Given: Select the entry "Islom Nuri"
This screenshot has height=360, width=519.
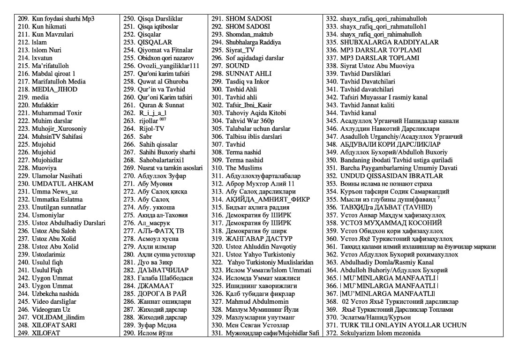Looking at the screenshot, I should (46, 50).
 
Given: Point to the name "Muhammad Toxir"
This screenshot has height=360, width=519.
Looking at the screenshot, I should (57, 113).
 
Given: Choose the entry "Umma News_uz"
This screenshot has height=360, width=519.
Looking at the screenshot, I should (55, 191).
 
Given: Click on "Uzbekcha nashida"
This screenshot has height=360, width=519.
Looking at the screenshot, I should (55, 293).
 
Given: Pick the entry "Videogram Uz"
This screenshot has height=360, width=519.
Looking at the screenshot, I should (51, 309).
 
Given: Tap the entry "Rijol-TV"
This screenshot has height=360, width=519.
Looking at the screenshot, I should (152, 128).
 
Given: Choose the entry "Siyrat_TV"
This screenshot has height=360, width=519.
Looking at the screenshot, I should (240, 50).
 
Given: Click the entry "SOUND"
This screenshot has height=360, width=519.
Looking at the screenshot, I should (238, 66).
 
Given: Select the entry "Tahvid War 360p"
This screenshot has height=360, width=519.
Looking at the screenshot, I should (249, 121).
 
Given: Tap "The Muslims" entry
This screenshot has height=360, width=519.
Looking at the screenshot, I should (244, 168).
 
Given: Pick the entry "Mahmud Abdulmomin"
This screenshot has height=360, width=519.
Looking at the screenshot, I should (257, 301).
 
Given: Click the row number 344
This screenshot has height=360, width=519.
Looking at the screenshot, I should (331, 113).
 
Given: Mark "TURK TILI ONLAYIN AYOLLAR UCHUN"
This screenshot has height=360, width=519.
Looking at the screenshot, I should (403, 325).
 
